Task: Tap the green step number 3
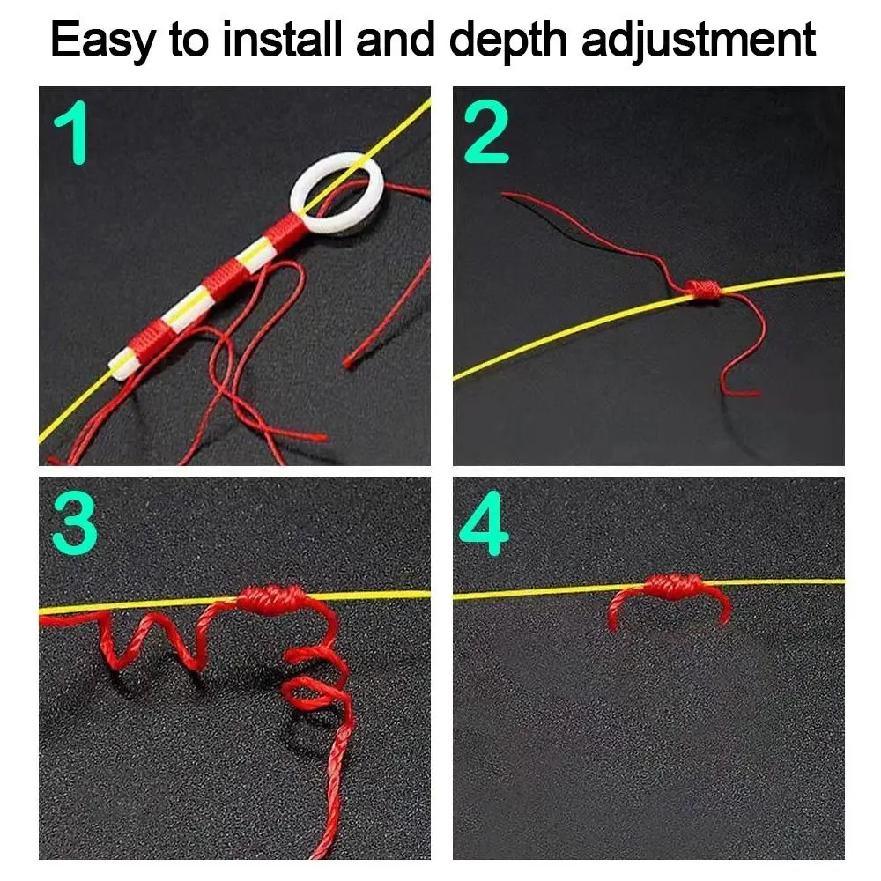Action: point(74,526)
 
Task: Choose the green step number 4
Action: point(485,526)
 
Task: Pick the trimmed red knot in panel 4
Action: point(671,586)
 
